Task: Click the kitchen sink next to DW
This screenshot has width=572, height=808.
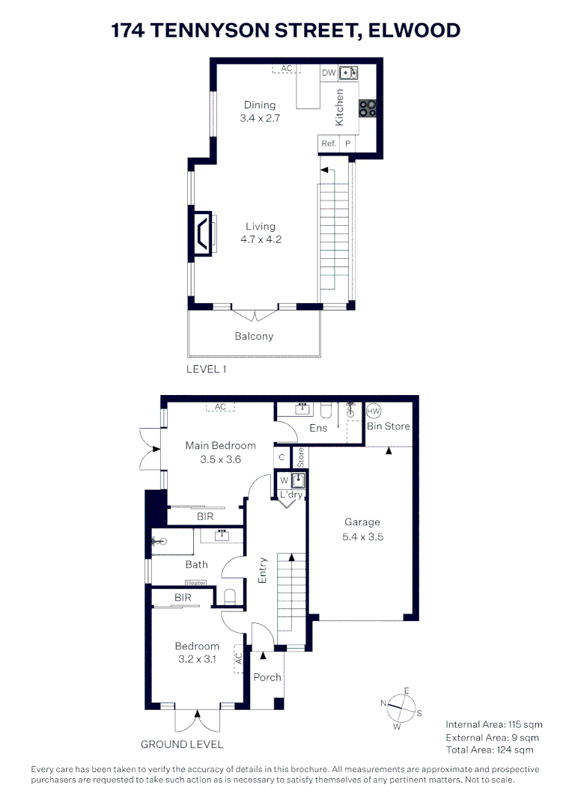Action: tap(348, 73)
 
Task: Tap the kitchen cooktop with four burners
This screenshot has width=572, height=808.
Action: tap(368, 108)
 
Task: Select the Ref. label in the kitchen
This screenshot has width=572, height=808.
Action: tap(328, 143)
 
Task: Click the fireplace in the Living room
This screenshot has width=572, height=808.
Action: tap(202, 233)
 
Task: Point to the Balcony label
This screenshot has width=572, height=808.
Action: tap(254, 337)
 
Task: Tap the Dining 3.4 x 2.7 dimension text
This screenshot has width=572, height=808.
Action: tap(259, 118)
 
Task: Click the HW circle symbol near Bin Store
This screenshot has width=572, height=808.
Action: tap(374, 411)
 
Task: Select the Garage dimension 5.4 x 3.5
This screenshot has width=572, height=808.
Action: tap(362, 536)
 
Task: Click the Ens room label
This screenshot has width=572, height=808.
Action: tap(318, 428)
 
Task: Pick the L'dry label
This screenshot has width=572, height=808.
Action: tap(290, 495)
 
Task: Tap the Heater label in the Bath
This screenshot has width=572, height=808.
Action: tap(195, 583)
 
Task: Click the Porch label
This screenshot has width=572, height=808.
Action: tap(267, 677)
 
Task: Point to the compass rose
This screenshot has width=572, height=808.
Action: tap(402, 707)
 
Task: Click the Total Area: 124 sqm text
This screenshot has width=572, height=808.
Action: tap(490, 750)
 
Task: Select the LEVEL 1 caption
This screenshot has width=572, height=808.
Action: tap(206, 369)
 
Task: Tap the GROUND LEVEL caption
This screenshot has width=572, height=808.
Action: tap(182, 744)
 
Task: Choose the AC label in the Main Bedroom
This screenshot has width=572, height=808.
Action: tap(220, 407)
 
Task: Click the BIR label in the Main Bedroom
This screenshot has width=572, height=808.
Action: tap(204, 516)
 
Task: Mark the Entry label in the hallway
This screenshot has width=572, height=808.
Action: tap(263, 570)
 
